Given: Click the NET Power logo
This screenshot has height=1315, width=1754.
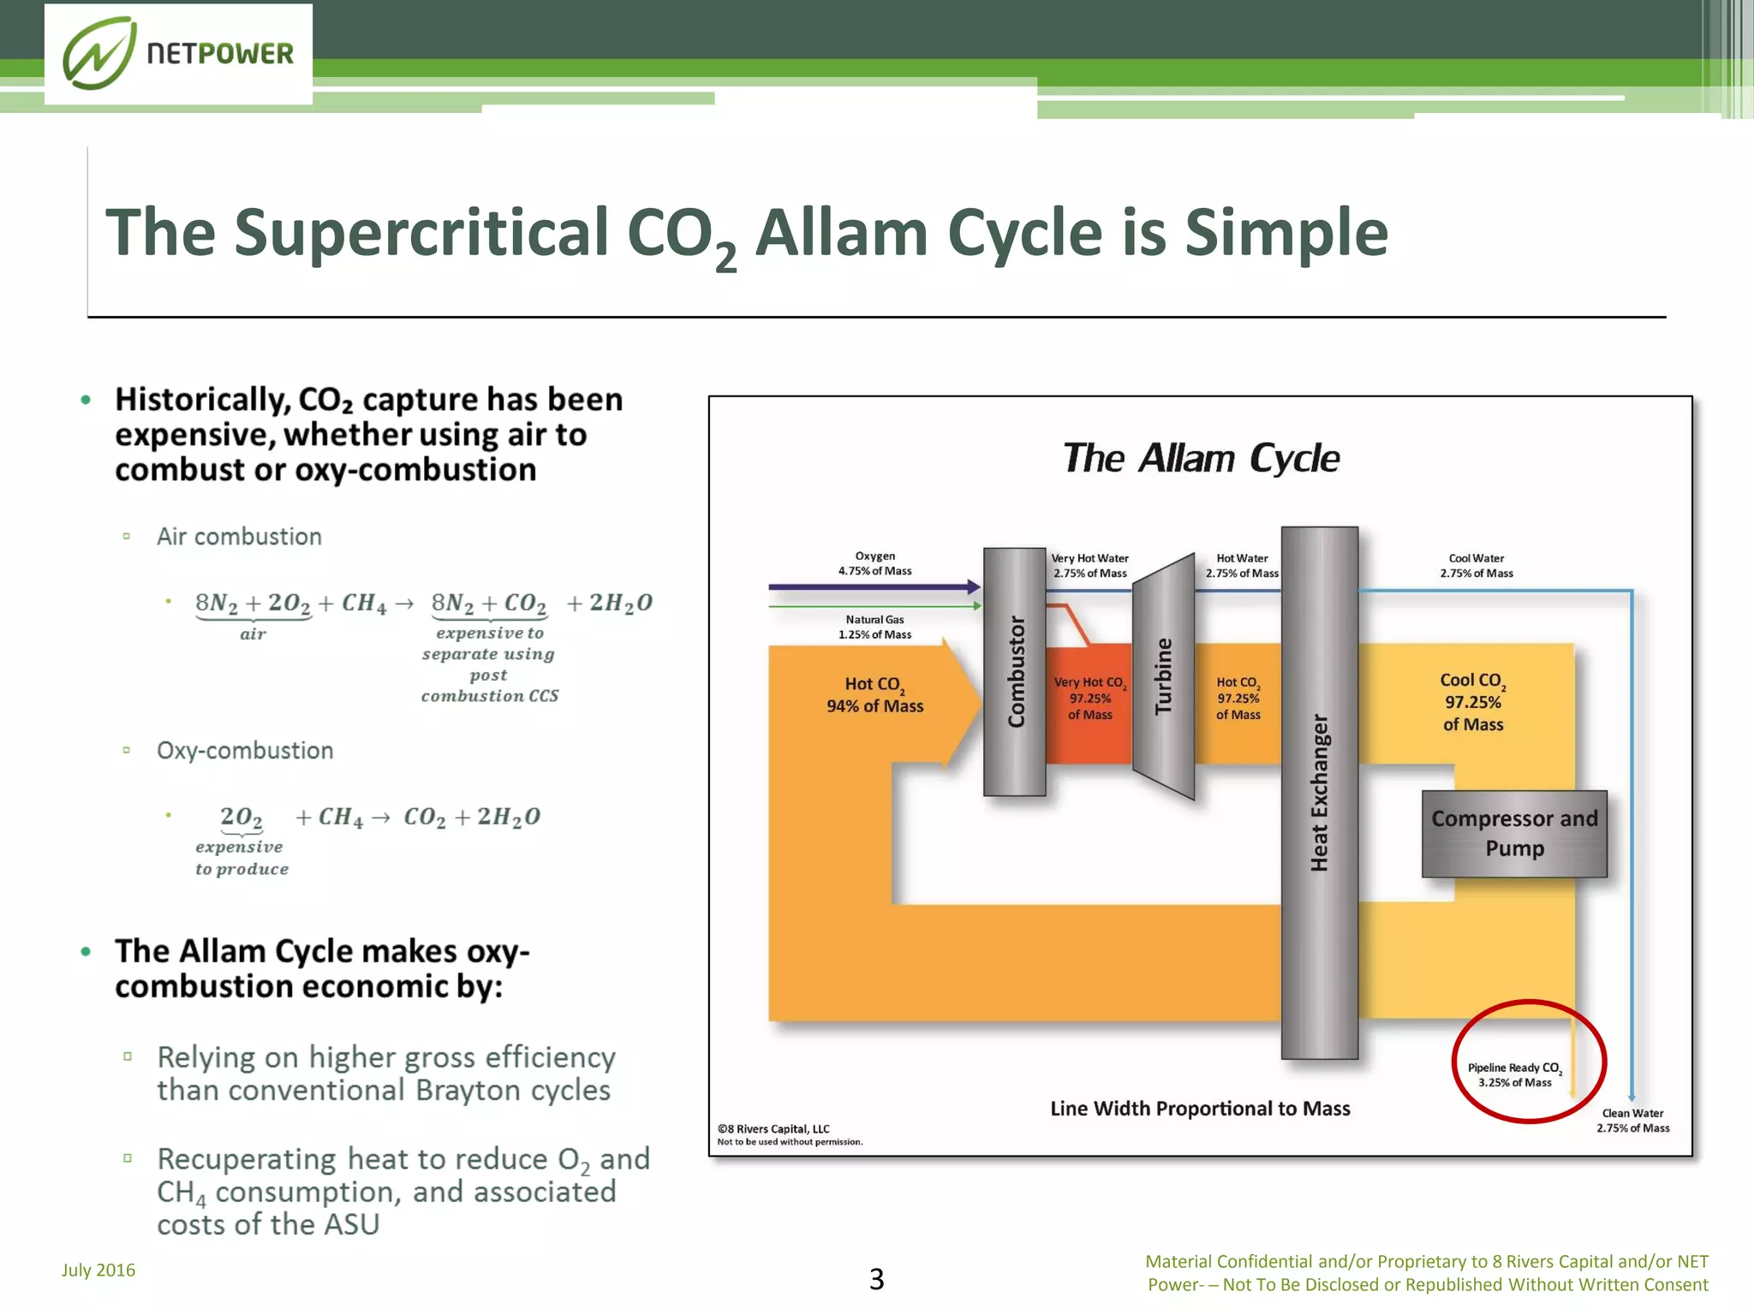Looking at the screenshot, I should click(x=178, y=54).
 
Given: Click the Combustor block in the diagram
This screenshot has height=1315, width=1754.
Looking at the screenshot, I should click(x=1015, y=672).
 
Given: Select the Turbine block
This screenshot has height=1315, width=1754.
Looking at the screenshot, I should click(x=1163, y=676).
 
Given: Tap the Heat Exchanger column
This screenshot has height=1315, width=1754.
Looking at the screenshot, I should click(x=1319, y=792).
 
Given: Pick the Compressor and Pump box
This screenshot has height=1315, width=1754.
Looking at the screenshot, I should click(x=1514, y=833).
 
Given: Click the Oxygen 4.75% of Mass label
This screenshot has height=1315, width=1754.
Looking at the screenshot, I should click(x=874, y=563).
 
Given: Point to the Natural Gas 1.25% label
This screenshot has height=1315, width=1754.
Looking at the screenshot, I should click(x=874, y=627).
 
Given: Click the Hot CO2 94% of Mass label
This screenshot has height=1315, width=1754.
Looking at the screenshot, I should click(x=874, y=694).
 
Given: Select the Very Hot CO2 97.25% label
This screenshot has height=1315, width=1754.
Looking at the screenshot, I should click(x=1089, y=698).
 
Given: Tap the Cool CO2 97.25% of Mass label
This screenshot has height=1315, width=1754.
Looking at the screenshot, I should click(x=1472, y=702).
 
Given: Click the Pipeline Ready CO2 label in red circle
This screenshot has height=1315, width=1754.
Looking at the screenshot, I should click(x=1514, y=1074).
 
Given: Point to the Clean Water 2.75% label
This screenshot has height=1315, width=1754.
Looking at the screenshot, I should click(x=1632, y=1120).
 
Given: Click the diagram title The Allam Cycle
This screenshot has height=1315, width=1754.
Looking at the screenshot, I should click(x=1201, y=458).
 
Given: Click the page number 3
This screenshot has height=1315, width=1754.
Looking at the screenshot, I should click(x=876, y=1278).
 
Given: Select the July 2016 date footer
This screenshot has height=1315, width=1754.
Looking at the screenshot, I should click(x=98, y=1270).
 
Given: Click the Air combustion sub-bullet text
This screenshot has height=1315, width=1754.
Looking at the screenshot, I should click(x=239, y=537).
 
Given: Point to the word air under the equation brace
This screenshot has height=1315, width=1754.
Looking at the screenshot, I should click(x=253, y=634).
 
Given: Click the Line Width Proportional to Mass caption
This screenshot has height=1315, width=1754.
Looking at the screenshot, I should click(x=1200, y=1109).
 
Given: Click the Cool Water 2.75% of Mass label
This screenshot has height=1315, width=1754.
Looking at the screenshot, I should click(x=1476, y=565).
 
